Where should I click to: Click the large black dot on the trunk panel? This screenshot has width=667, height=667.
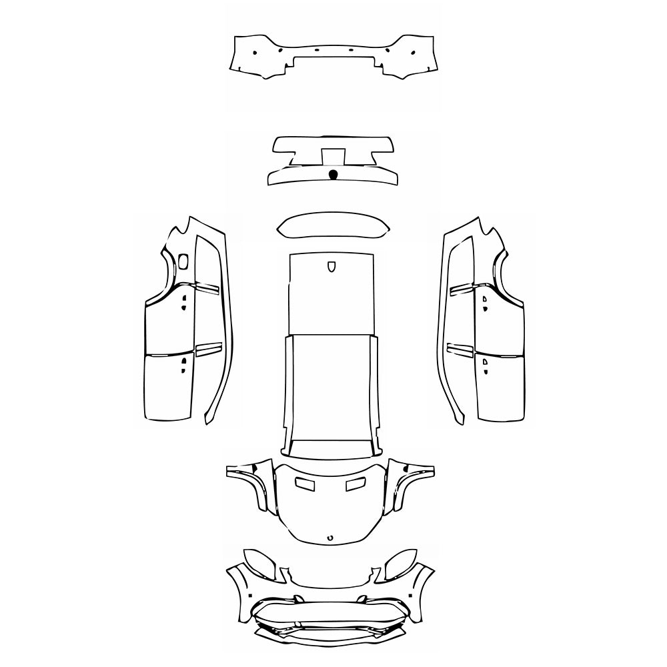click(333, 175)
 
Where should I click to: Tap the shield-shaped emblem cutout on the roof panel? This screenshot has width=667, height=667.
click(332, 266)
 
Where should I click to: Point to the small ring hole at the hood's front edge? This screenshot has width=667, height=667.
click(330, 536)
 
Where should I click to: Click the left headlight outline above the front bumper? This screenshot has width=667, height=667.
click(259, 563)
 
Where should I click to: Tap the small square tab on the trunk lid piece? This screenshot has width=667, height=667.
click(333, 156)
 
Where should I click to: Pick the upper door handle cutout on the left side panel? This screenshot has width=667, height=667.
click(183, 302)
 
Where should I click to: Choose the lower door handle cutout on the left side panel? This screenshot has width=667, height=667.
click(183, 363)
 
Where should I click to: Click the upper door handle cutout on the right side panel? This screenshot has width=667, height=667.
click(485, 302)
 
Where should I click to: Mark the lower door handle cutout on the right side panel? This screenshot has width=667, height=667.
click(485, 363)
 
